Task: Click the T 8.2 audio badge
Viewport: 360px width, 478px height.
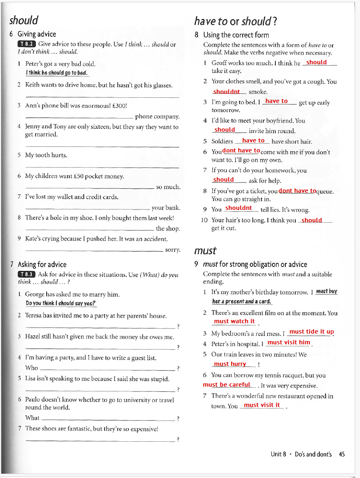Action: click(27, 44)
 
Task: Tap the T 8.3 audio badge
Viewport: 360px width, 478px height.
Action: click(27, 274)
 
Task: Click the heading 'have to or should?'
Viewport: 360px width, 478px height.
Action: click(235, 20)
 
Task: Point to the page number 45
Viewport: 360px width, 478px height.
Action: click(342, 454)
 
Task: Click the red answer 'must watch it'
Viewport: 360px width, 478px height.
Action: click(234, 321)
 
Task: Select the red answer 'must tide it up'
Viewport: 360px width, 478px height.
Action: click(311, 332)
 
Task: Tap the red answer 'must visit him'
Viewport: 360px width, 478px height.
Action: click(289, 342)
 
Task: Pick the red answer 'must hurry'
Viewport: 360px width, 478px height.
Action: click(230, 364)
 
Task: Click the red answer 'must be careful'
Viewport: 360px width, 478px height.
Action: click(227, 385)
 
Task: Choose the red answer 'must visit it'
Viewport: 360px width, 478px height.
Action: click(261, 405)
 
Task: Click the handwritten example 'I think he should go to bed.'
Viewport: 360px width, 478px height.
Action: click(56, 73)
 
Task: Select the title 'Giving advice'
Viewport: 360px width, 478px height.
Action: click(37, 34)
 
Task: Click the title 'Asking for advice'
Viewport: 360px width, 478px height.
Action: click(42, 264)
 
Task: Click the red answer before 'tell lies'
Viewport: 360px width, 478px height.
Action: click(238, 208)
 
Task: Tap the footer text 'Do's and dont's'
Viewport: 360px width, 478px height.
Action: click(313, 454)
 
